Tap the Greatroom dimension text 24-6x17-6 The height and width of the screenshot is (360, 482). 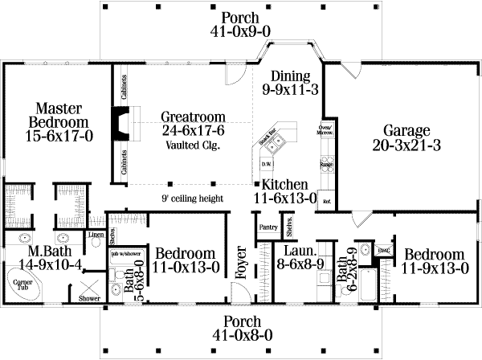(x=192, y=130)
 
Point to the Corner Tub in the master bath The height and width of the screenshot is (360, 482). (x=20, y=285)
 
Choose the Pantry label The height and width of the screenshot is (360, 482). (x=268, y=227)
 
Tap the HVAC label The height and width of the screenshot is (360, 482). (x=384, y=250)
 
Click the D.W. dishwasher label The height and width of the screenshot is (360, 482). (x=264, y=165)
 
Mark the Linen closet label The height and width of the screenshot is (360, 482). (x=96, y=235)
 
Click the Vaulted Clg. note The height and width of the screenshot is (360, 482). (x=193, y=145)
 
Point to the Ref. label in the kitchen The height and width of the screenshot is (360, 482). (x=326, y=201)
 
